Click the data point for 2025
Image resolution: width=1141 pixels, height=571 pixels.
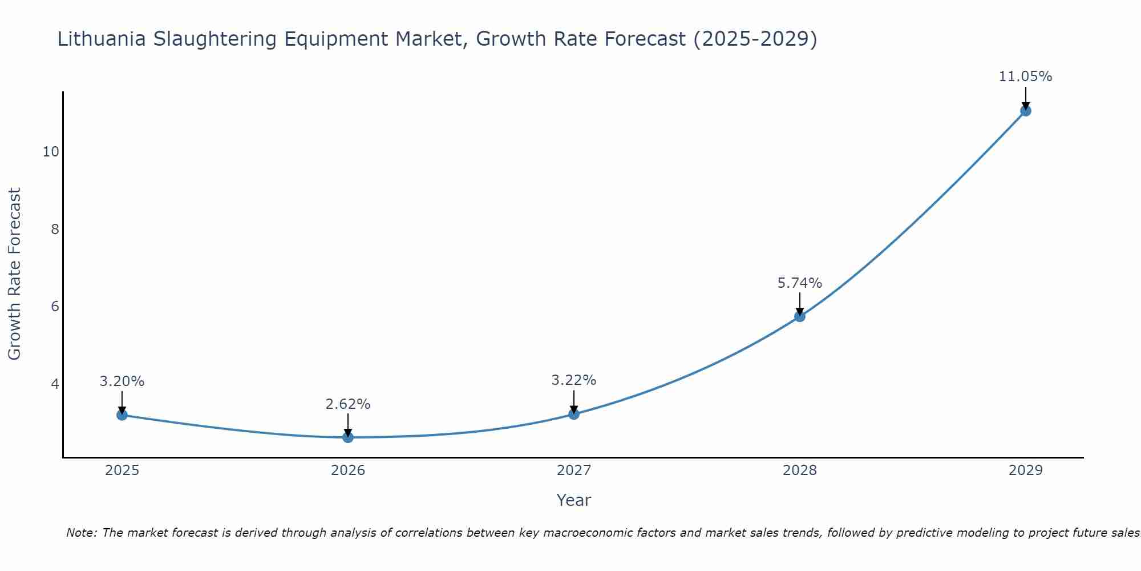coord(122,415)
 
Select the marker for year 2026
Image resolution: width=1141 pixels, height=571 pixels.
coord(348,437)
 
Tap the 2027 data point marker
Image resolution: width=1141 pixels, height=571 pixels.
coord(574,414)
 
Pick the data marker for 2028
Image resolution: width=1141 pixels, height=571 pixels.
coord(800,316)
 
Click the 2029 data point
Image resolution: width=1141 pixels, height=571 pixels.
coord(1025,111)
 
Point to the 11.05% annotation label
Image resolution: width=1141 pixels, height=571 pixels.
coord(1025,77)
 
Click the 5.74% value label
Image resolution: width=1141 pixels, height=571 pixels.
coord(800,283)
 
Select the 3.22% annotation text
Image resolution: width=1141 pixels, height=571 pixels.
coord(574,380)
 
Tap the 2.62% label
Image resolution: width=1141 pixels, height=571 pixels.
coord(348,404)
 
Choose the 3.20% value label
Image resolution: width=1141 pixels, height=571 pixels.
coord(122,381)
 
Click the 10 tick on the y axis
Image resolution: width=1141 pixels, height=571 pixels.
coord(51,152)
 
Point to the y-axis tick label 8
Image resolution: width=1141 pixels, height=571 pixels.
coord(55,230)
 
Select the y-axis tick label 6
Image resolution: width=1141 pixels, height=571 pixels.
coord(55,307)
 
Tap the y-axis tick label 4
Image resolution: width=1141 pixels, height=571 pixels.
coord(55,384)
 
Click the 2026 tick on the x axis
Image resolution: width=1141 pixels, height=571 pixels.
coord(348,471)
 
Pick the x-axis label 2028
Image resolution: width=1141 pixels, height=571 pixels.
coord(800,471)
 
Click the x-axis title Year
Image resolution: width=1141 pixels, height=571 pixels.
coord(573,500)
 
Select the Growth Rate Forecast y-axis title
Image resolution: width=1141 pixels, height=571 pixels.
coord(15,274)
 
